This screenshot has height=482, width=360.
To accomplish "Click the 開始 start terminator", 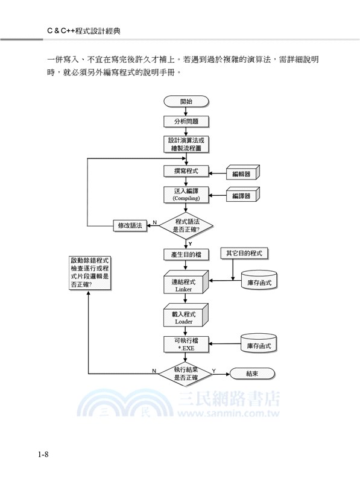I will point(186,101).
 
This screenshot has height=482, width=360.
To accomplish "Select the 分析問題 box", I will point(186,121).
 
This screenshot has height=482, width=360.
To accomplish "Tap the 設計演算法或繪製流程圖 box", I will point(186,145).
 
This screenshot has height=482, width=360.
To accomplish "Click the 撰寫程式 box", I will point(186,172).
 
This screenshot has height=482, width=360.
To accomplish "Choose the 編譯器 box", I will point(241,196).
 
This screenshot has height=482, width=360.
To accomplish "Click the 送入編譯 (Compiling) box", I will point(186,195).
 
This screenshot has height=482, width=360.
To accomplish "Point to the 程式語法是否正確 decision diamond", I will point(186,225).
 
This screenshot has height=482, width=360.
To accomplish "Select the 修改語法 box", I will point(130,225).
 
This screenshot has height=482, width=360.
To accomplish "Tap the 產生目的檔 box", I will point(186,254).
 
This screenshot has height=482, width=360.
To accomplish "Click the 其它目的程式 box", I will point(244,253).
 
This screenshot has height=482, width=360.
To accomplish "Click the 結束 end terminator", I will point(252,373).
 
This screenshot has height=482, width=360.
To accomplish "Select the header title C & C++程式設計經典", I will point(87,29).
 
